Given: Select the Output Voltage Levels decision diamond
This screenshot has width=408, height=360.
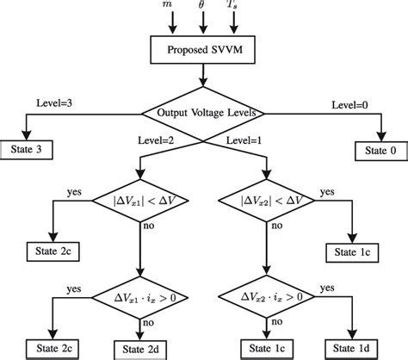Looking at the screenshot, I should click(x=204, y=113).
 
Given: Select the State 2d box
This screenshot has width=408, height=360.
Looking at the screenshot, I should click(x=139, y=349).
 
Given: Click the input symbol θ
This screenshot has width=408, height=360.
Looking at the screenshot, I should click(x=204, y=5).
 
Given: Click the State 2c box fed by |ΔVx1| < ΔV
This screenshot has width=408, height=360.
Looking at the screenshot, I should click(x=55, y=254).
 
